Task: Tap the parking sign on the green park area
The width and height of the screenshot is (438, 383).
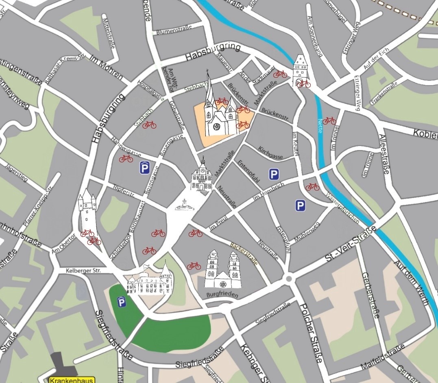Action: click(121, 302)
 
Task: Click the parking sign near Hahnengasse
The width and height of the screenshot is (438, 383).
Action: click(144, 167)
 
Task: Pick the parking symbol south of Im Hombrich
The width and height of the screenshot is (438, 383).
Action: click(300, 205)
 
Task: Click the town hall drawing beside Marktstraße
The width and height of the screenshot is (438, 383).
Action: click(202, 176)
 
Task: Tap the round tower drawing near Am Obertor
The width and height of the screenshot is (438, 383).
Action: click(87, 210)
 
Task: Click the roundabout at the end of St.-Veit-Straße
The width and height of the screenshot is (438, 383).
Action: click(289, 279)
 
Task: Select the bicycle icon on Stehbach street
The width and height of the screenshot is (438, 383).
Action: click(149, 125)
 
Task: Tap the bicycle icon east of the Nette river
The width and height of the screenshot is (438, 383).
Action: click(329, 120)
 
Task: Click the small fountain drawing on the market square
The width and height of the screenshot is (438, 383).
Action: click(185, 205)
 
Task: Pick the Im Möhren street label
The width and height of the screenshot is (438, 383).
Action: click(106, 67)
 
